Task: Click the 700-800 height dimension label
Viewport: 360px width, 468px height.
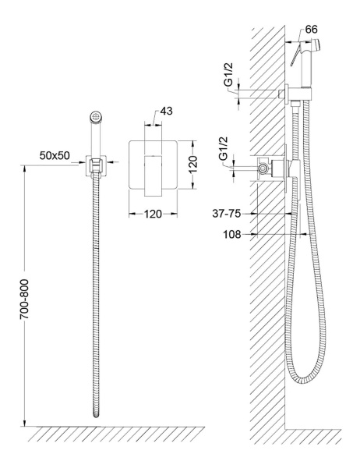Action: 24,300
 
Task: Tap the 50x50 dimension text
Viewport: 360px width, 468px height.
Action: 55,155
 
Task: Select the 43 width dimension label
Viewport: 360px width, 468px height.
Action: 166,111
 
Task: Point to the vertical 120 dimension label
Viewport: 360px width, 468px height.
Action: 192,164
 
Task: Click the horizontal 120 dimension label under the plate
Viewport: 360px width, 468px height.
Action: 153,214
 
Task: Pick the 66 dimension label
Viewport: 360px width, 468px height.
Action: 312,30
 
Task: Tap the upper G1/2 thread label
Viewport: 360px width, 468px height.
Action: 228,74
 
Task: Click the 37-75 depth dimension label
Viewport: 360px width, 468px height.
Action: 227,214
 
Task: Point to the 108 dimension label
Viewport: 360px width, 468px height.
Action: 231,235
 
